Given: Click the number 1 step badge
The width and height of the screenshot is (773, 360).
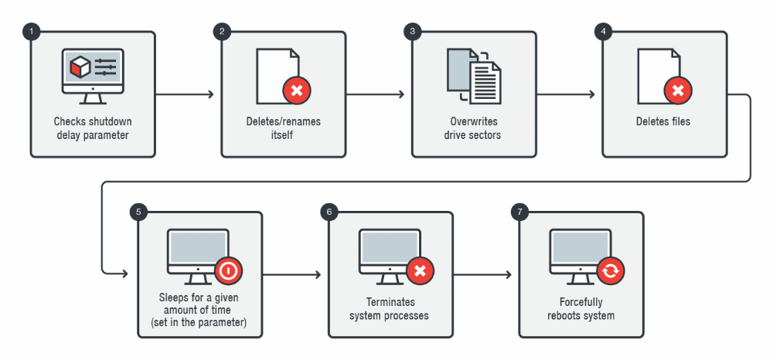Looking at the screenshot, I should (x=32, y=32).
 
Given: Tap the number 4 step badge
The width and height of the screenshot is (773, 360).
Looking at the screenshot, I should (x=603, y=32).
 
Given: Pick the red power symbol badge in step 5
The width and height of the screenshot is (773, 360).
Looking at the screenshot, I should (x=230, y=271).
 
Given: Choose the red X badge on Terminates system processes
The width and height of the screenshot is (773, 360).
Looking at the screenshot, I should (x=420, y=271).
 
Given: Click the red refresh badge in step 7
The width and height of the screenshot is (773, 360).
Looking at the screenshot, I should (x=611, y=271).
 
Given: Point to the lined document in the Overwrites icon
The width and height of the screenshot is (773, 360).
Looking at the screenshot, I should (x=486, y=82).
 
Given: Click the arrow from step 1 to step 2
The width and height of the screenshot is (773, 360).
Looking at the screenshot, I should (x=186, y=95).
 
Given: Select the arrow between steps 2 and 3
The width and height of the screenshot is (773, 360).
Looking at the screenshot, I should (x=376, y=95).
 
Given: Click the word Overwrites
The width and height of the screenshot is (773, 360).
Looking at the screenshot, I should (x=474, y=122).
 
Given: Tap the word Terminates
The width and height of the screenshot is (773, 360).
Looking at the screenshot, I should (x=390, y=303).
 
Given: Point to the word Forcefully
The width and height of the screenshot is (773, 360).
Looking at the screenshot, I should (x=581, y=303).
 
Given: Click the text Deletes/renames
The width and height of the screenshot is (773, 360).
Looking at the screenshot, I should (x=283, y=122).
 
